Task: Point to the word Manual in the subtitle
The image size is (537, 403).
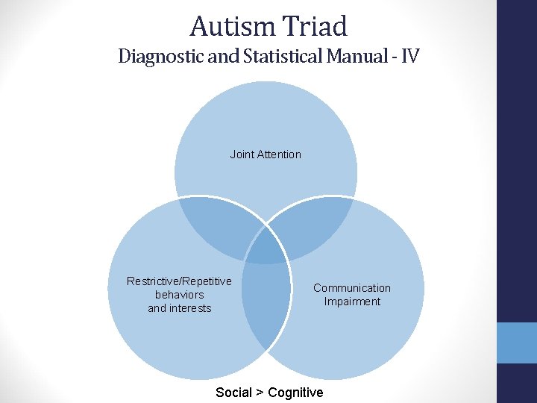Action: [x=353, y=57]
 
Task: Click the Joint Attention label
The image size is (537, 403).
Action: [x=266, y=154]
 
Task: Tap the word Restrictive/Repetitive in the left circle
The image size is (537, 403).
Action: [x=179, y=281]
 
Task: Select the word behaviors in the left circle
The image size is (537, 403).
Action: [x=179, y=295]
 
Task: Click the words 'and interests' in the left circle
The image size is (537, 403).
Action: [x=179, y=308]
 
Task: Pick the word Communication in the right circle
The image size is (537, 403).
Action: [x=351, y=288]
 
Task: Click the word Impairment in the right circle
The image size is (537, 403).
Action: [x=352, y=302]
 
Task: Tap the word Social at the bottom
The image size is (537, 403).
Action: [x=233, y=393]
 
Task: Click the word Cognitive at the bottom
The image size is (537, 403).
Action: [x=295, y=393]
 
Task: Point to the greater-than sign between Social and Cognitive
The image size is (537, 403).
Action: [x=260, y=393]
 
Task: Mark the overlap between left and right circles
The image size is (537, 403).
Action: [x=266, y=306]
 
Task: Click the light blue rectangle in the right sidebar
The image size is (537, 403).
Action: [x=517, y=343]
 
